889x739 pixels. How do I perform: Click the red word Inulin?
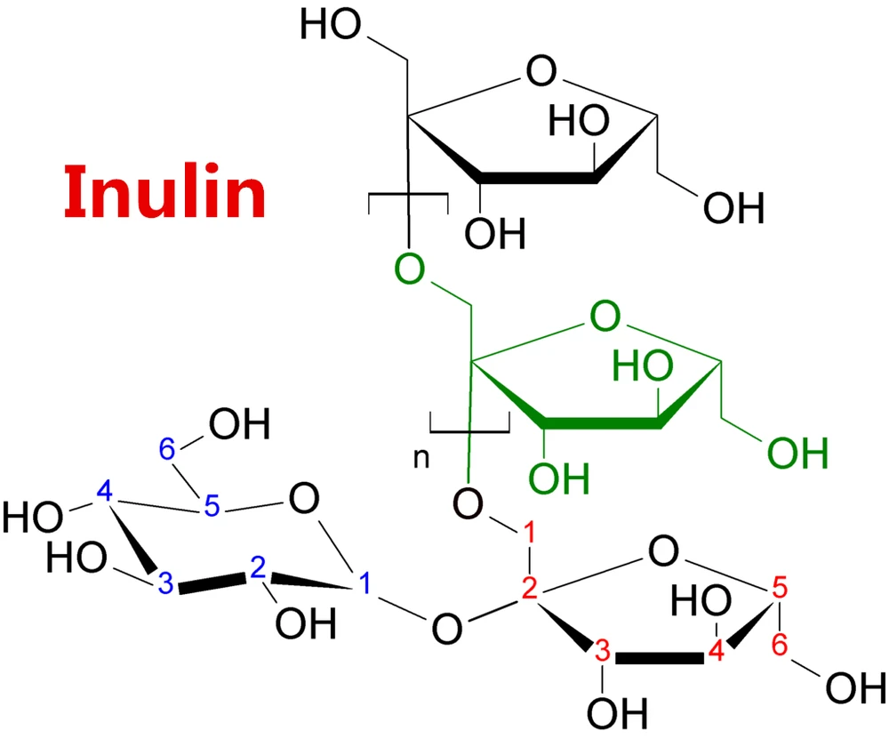click(165, 194)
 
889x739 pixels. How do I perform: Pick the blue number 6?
click(167, 451)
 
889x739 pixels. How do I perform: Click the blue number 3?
click(166, 584)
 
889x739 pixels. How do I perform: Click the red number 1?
click(527, 535)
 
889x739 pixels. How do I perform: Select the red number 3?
click(601, 650)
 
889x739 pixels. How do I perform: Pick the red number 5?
click(779, 587)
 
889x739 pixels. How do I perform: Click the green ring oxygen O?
click(605, 316)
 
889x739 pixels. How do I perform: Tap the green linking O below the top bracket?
click(409, 266)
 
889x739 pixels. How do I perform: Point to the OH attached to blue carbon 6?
click(238, 425)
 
